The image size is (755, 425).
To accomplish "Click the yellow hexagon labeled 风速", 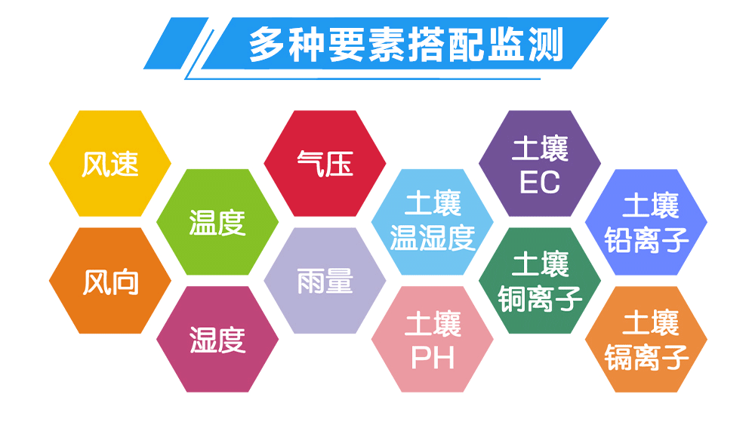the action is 109,163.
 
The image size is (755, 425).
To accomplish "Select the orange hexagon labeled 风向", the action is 109,281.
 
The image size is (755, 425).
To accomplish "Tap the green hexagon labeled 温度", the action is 217,222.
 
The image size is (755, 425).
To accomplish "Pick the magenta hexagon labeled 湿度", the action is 217,340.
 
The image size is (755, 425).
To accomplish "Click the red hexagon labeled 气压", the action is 325,163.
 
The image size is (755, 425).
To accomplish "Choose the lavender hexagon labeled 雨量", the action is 325,281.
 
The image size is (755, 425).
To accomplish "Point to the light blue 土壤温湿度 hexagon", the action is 433,222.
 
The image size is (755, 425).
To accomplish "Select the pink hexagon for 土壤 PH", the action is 433,340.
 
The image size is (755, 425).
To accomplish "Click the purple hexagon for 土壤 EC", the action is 540,163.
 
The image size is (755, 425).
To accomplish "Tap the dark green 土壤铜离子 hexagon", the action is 540,281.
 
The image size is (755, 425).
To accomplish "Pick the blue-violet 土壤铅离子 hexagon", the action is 646,222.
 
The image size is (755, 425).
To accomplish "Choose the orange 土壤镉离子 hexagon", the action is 646,340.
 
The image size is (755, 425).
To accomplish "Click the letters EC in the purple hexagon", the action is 540,183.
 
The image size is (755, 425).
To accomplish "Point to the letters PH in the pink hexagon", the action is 433,358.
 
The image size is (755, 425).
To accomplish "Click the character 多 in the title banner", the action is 267,45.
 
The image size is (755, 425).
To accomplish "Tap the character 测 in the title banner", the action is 546,45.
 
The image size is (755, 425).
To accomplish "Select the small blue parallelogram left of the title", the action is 176,43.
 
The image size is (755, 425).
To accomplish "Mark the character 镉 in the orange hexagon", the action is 619,358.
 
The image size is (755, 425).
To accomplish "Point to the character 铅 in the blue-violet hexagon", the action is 619,240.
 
